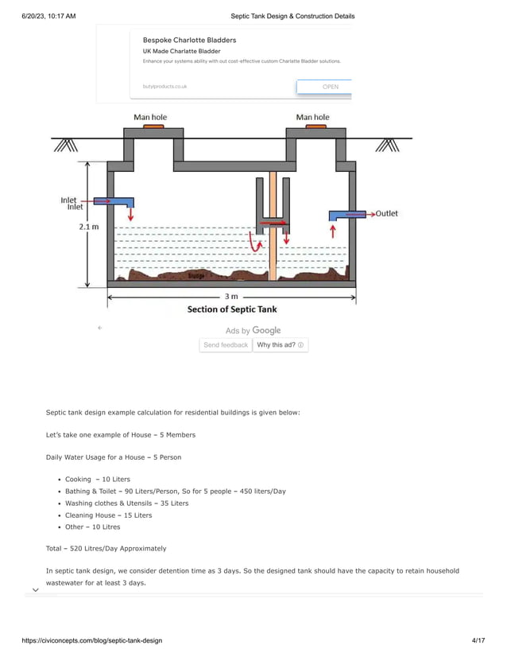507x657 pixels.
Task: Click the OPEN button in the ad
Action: (x=330, y=87)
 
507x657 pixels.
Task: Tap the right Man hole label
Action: (x=312, y=117)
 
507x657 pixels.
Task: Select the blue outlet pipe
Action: (x=348, y=215)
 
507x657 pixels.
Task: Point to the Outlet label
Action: (x=387, y=213)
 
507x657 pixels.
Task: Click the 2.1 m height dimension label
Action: (x=89, y=227)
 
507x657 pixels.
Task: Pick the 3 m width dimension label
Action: (x=231, y=297)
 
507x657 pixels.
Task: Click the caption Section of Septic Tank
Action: (x=232, y=309)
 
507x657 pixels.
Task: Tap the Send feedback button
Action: (x=226, y=345)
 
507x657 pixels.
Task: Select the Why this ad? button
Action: (x=280, y=345)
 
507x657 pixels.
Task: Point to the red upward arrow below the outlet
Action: (x=333, y=231)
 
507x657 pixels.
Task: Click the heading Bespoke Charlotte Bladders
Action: (x=189, y=40)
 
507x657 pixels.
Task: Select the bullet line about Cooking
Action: (x=98, y=480)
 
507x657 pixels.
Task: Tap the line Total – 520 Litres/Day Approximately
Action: (x=106, y=548)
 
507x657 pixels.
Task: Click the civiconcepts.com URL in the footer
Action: (x=81, y=640)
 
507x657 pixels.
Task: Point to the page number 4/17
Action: (x=477, y=640)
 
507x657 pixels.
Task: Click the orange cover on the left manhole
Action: (x=153, y=126)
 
